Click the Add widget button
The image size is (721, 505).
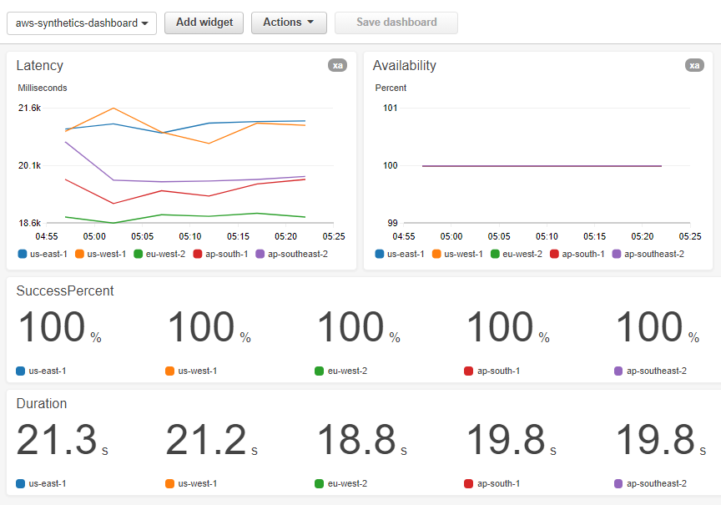point(204,23)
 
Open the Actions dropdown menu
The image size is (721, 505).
point(288,23)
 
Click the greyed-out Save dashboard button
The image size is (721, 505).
point(396,23)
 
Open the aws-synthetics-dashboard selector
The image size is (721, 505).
point(82,23)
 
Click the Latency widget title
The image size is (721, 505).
point(39,66)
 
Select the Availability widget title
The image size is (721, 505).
point(404,66)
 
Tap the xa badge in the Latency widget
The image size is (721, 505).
point(337,65)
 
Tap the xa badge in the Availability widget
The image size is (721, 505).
point(693,65)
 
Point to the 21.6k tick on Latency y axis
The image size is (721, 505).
point(30,108)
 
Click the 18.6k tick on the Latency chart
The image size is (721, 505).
point(30,223)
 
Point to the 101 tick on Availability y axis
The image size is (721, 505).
point(390,108)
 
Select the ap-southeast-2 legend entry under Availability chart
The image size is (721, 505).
point(653,254)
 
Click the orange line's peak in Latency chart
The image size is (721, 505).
point(113,108)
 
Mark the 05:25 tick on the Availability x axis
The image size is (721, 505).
point(690,236)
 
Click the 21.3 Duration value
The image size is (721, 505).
point(56,441)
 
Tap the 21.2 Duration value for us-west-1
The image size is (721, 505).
point(206,441)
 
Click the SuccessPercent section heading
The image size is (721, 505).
point(65,290)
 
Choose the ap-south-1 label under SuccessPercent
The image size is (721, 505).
point(498,371)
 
